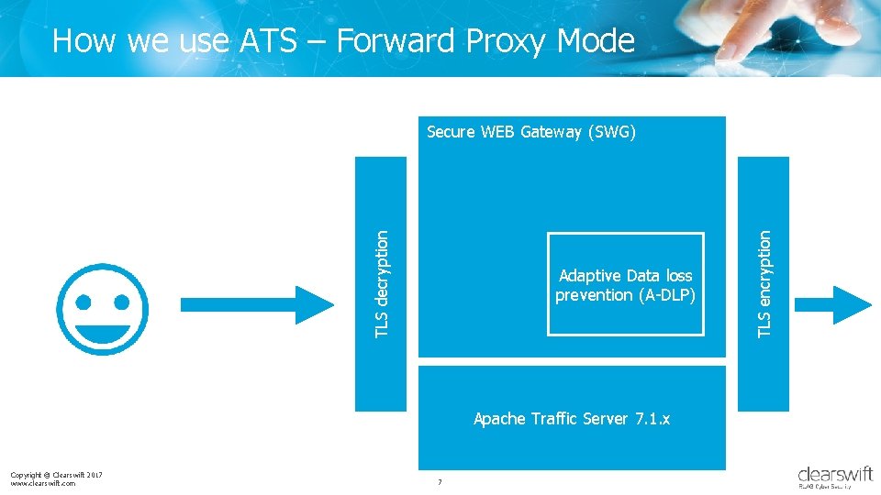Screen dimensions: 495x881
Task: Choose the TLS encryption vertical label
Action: pos(764,282)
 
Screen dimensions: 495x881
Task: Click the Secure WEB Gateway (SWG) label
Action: pos(530,132)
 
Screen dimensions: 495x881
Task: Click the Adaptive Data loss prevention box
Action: pos(625,284)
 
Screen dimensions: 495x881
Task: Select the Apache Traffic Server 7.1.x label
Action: pos(571,419)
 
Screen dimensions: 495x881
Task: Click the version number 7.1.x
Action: pos(650,419)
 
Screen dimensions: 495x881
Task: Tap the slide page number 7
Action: pos(440,482)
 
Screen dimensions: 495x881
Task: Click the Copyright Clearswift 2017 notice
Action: pos(56,474)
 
